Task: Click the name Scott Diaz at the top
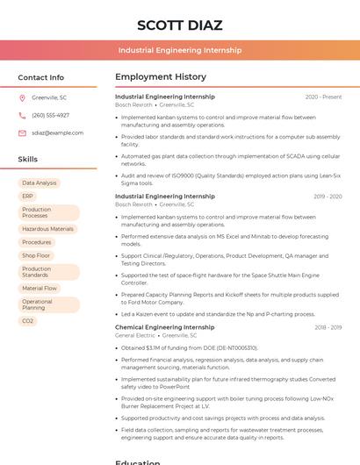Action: pos(179,25)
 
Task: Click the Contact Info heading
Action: pos(40,77)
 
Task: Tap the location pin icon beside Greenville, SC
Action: pos(22,97)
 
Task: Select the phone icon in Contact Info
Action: pos(22,115)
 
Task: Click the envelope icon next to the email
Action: pos(22,133)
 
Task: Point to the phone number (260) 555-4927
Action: pos(50,115)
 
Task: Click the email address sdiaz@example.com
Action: pos(57,133)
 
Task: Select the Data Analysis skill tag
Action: pos(39,183)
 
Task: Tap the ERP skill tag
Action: pos(27,197)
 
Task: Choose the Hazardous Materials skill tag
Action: pos(47,229)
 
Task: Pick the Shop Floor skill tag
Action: pos(36,255)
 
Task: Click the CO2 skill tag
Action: pos(28,321)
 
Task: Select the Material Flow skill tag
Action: pos(40,288)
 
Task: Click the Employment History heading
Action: pos(161,77)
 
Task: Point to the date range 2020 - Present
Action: pos(323,97)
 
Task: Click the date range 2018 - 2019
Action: pos(328,327)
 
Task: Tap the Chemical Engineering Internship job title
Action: pos(164,327)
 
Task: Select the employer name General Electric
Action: pos(134,335)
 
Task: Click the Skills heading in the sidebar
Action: pos(27,160)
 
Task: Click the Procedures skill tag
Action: pos(37,242)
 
